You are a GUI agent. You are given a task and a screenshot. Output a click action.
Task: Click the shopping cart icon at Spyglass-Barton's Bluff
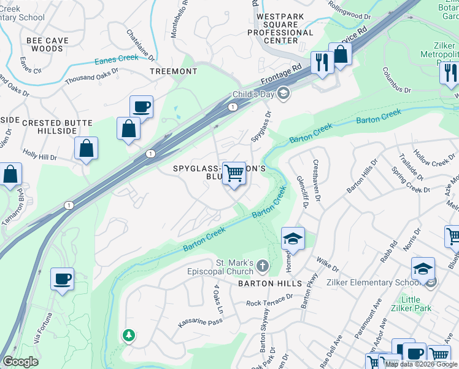click(x=234, y=173)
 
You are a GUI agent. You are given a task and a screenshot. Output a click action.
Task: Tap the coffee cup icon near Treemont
click(x=141, y=107)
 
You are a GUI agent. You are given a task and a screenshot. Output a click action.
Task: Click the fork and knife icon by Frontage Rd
click(x=321, y=62)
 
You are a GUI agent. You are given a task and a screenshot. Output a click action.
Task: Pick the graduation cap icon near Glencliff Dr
click(x=293, y=239)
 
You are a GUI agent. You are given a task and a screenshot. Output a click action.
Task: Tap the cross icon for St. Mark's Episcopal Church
click(x=262, y=266)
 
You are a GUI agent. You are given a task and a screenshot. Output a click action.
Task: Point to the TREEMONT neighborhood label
click(x=174, y=71)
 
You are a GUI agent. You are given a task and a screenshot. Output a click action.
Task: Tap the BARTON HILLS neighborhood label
click(x=271, y=284)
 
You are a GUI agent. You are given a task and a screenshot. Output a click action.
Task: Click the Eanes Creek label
click(x=117, y=60)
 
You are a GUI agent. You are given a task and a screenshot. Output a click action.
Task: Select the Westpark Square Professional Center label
click(x=285, y=28)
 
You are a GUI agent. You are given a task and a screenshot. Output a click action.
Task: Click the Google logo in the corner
click(x=20, y=362)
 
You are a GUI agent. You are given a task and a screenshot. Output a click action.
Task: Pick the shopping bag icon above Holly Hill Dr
click(x=86, y=149)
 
